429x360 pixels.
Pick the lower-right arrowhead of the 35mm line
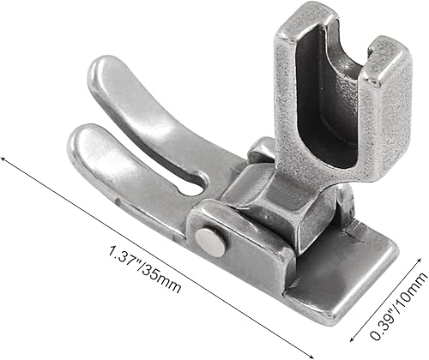(x=319, y=354)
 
